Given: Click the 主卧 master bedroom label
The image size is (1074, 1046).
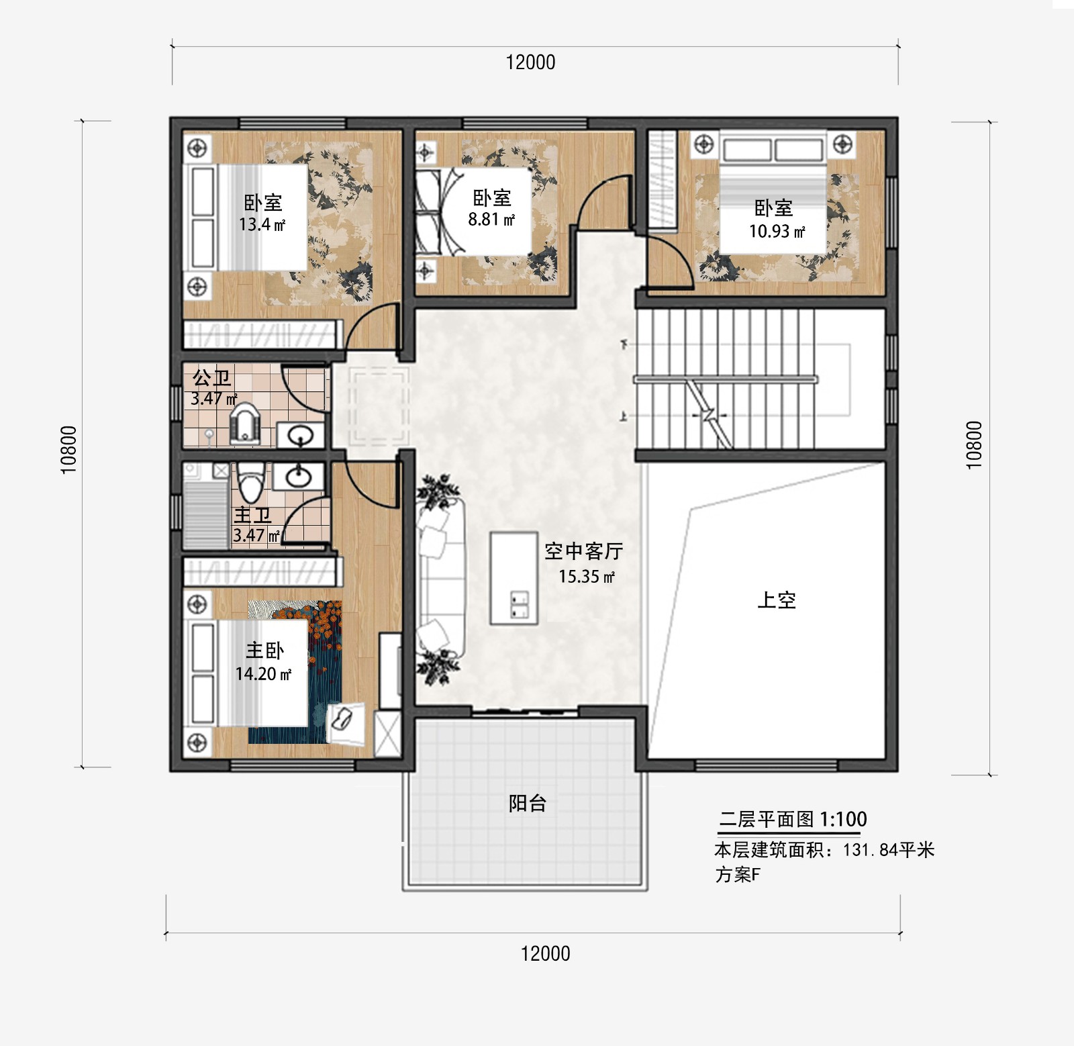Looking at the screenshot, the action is [264, 651].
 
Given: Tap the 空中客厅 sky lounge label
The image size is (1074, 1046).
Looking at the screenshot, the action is [583, 551].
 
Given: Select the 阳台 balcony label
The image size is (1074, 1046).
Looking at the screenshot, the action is [528, 803].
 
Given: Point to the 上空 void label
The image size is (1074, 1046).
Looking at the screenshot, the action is [777, 600].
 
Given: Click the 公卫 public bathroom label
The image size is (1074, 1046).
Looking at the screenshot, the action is [212, 378].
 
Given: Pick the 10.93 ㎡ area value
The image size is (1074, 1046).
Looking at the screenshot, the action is [777, 232].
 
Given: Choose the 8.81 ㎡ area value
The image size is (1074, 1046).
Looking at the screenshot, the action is [491, 220].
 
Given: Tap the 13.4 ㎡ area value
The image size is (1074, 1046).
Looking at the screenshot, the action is [262, 225].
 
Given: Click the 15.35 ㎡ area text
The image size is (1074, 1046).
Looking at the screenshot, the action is [587, 577].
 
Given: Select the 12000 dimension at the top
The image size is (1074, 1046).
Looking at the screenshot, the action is [530, 62].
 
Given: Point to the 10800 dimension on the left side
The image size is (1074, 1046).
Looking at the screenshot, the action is [69, 450].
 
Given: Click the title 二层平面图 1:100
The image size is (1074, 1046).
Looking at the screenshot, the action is [793, 819].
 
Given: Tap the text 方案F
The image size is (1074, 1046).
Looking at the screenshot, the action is [738, 875].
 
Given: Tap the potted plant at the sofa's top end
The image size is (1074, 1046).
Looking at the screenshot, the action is [438, 490].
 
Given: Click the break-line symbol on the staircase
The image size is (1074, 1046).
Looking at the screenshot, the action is [709, 414].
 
